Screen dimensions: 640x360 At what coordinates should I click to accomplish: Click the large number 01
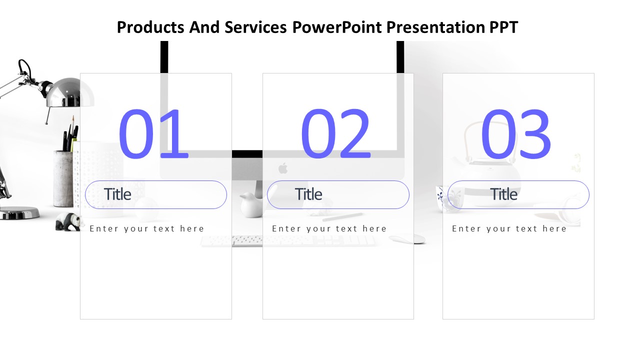click(x=153, y=133)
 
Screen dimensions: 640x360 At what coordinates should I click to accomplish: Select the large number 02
click(x=335, y=133)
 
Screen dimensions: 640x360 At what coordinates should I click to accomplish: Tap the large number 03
click(x=516, y=133)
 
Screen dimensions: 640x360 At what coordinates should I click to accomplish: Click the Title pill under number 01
click(x=156, y=194)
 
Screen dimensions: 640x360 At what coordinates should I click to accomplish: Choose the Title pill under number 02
click(x=338, y=194)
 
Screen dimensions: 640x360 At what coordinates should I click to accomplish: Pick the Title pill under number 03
click(x=518, y=194)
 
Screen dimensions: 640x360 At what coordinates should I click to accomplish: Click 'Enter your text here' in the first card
click(x=147, y=228)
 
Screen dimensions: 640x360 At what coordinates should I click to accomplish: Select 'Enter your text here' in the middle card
click(x=329, y=228)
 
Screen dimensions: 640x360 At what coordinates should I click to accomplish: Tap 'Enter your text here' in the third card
click(x=509, y=228)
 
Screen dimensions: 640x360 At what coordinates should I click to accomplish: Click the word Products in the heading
click(x=150, y=27)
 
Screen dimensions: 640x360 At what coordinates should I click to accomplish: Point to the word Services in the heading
click(x=255, y=27)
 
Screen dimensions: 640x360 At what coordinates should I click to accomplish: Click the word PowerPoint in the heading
click(x=337, y=27)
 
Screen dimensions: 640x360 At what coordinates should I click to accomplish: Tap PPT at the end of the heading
click(x=503, y=27)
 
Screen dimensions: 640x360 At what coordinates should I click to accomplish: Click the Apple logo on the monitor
click(x=283, y=168)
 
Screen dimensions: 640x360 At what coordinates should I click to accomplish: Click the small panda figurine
click(x=68, y=221)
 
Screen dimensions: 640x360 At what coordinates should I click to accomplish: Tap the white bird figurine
click(x=251, y=204)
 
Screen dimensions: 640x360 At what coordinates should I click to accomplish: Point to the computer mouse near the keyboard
click(x=407, y=239)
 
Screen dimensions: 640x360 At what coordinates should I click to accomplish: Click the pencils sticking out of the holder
click(x=70, y=134)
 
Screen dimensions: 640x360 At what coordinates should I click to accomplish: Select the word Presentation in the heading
click(x=435, y=27)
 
